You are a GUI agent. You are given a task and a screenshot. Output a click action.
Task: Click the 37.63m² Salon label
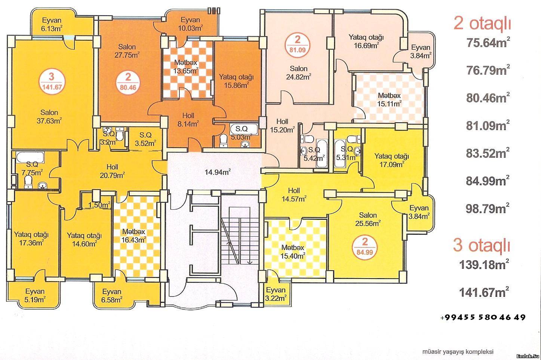coord(49,116)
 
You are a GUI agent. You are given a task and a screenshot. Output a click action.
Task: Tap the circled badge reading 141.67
coord(52,81)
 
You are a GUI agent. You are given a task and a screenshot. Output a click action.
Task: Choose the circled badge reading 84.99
coord(365,247)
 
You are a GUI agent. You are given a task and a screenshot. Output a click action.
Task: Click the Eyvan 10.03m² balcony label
coord(190,24)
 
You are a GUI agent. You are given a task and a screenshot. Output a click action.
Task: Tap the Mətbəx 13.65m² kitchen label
coord(186,67)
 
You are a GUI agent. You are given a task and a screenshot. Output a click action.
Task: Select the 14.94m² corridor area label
coord(218,172)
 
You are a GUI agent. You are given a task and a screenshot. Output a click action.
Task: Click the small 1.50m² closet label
coord(99,205)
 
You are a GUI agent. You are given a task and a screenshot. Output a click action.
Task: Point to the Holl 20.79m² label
coord(112,171)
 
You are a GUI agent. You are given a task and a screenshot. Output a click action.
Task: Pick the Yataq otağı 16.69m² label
coord(366,41)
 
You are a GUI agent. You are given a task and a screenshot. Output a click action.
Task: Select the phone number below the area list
coord(483,317)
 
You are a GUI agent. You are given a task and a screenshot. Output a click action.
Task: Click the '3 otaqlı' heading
coord(482,245)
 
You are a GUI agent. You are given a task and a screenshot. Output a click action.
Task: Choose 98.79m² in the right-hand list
coord(488,208)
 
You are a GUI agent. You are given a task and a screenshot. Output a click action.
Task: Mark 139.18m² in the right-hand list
coord(484,264)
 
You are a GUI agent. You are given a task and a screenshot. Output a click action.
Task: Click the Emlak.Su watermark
coord(528,356)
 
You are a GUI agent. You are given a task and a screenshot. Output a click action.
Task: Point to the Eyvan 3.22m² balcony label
coord(276,294)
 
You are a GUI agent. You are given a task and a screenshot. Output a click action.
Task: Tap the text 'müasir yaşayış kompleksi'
coord(458,352)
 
